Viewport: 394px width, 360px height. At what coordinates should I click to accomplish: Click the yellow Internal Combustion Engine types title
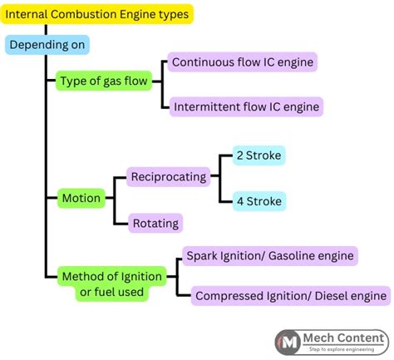point(97,14)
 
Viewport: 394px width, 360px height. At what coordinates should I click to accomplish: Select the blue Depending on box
point(47,44)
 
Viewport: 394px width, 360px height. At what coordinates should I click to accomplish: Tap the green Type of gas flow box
point(105,81)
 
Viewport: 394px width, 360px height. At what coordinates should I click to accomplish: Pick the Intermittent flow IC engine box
point(245,106)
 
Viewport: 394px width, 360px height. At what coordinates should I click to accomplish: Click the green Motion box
point(81,198)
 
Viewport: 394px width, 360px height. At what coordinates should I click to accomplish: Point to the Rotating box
point(155,222)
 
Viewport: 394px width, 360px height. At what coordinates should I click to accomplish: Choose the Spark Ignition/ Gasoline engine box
point(270,256)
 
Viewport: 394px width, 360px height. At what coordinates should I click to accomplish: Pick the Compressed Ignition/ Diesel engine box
point(290,295)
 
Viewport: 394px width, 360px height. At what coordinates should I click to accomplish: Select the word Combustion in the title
point(83,14)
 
